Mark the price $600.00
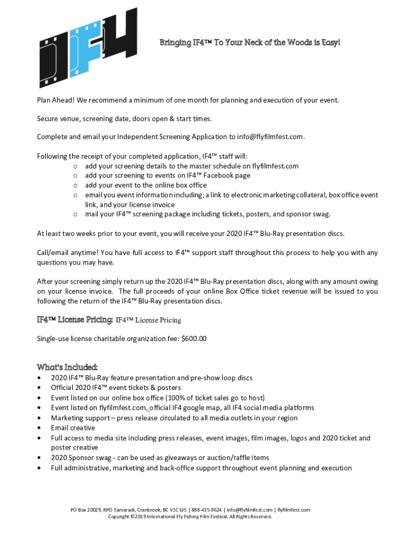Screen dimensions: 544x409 tap(194, 339)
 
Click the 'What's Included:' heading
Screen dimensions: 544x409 tap(67, 367)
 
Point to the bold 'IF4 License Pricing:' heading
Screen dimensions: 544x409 tap(74, 320)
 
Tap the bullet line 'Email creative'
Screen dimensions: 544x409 tap(73, 428)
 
